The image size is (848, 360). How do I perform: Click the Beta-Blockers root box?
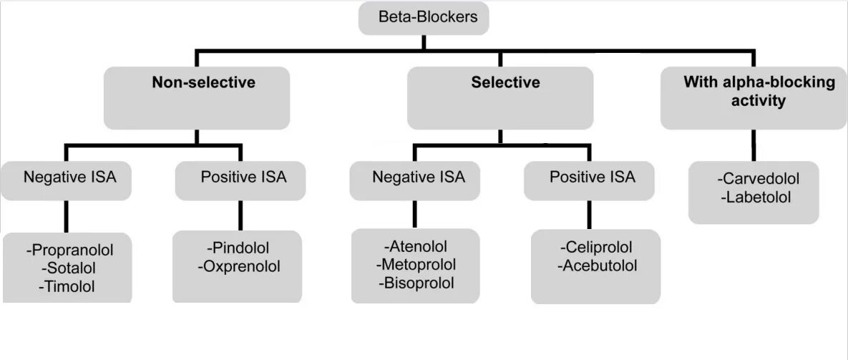(x=423, y=18)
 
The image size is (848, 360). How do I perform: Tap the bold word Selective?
(x=505, y=83)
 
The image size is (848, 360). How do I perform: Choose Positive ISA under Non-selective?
(x=243, y=177)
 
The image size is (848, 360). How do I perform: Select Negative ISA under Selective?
(x=418, y=177)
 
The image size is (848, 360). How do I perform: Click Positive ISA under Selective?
(x=592, y=177)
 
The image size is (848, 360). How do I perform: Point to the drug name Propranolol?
(x=69, y=250)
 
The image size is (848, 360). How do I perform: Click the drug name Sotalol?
(x=69, y=268)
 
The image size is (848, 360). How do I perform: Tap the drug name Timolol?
(x=69, y=287)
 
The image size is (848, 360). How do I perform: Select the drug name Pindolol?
(x=238, y=248)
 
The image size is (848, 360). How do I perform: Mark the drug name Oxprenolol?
(x=238, y=267)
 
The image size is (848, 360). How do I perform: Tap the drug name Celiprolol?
(x=596, y=248)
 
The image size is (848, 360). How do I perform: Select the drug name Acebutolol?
(x=596, y=266)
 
